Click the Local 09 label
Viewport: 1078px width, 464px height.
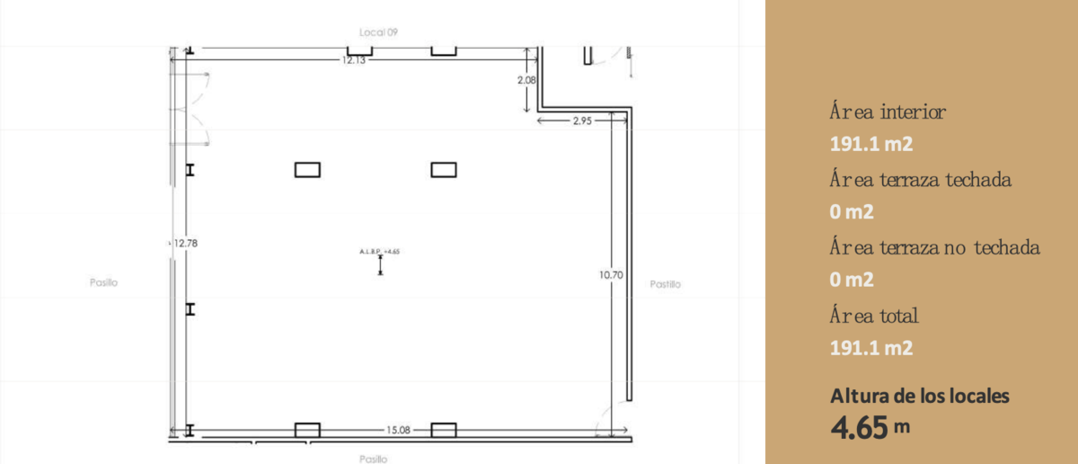coord(378,32)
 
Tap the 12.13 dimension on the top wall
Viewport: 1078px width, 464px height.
coord(354,60)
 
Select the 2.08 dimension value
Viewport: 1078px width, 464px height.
coord(526,80)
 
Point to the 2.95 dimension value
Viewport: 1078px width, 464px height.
coord(582,120)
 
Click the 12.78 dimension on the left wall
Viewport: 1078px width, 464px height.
coord(186,244)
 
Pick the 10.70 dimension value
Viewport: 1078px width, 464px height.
coord(611,275)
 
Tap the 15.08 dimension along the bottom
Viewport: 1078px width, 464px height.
coord(399,430)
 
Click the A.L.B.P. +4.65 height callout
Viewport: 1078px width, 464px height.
coord(379,252)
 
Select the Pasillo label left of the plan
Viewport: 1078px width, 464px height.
coord(103,282)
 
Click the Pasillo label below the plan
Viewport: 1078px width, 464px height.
coord(373,459)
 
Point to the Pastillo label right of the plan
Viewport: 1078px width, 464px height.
coord(665,284)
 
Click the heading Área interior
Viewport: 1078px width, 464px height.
coord(888,111)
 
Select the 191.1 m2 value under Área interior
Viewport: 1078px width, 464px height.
coord(871,144)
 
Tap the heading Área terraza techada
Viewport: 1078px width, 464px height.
coord(920,179)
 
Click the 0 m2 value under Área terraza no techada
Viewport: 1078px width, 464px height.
coord(852,280)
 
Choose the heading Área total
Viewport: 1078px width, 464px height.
coord(874,316)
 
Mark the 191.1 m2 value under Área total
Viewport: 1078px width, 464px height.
coord(871,348)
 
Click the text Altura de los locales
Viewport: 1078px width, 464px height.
coord(920,396)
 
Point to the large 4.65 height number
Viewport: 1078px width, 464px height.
coord(859,427)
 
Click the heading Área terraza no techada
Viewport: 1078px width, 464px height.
coord(934,247)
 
